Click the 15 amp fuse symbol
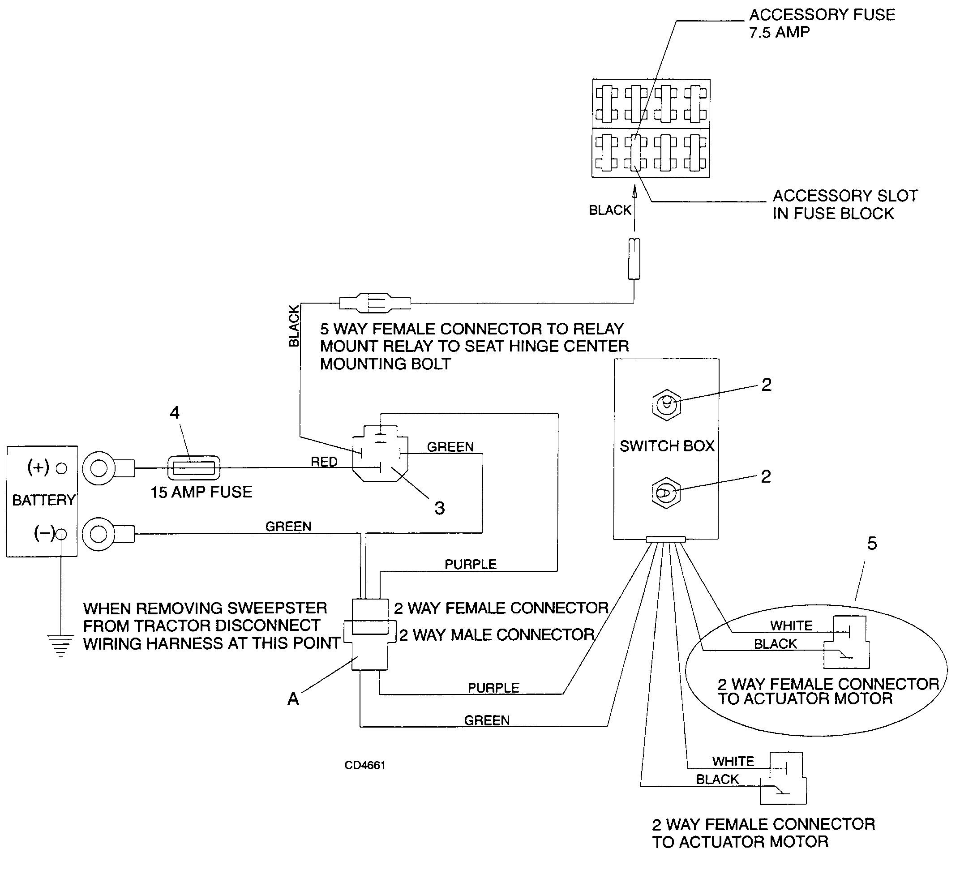click(x=194, y=468)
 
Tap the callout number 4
click(x=175, y=412)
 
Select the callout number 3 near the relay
click(x=440, y=508)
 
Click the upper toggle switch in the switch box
click(x=666, y=405)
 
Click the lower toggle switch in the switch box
click(x=666, y=493)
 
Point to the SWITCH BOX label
click(x=667, y=446)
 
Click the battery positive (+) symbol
click(x=39, y=467)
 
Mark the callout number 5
click(x=872, y=544)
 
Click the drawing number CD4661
click(x=365, y=765)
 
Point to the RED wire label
click(x=324, y=462)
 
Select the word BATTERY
click(x=44, y=500)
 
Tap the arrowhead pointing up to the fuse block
click(x=634, y=192)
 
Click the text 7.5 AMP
click(x=779, y=32)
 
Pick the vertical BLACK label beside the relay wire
click(x=294, y=326)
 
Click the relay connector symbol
click(x=380, y=454)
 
